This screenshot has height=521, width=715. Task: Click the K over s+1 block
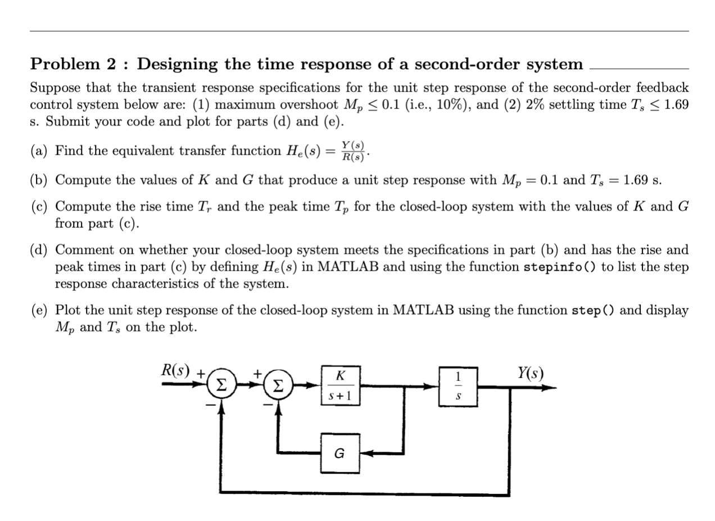tap(341, 385)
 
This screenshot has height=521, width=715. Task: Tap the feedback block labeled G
tap(340, 453)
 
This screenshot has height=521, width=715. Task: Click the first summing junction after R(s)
tap(222, 387)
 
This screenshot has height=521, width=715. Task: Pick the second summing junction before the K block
tap(278, 387)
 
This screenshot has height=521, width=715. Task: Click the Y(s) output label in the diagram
tap(531, 372)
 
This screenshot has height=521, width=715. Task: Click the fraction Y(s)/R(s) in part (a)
tap(352, 151)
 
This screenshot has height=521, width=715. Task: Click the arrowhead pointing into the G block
tap(365, 453)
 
